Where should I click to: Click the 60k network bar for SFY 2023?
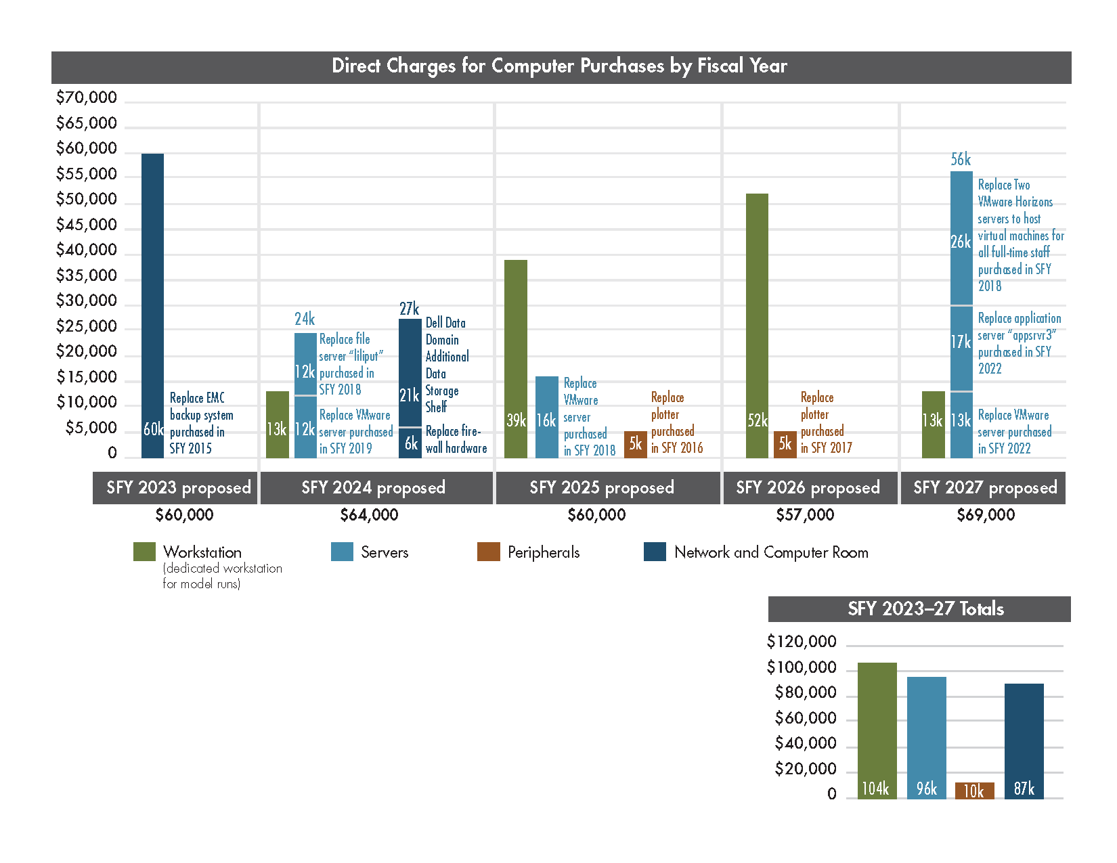(152, 305)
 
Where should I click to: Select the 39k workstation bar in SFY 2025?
(515, 359)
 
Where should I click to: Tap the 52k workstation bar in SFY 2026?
(757, 325)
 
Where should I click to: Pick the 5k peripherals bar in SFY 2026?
(785, 445)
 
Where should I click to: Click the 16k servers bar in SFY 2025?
(546, 417)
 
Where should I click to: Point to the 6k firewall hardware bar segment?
(410, 443)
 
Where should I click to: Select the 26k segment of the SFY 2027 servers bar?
(961, 238)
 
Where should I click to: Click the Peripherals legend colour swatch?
(488, 552)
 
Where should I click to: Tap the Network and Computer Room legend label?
(770, 552)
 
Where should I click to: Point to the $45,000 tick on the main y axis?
(86, 225)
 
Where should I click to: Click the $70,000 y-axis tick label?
(86, 97)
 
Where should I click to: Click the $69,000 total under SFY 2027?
(985, 515)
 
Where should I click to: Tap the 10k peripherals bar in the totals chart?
(974, 791)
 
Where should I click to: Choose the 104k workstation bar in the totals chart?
(877, 731)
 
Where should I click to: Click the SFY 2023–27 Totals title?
(925, 608)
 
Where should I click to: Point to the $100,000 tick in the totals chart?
(802, 668)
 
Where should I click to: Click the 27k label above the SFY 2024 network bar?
(409, 309)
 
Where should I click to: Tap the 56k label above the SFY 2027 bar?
(961, 160)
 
